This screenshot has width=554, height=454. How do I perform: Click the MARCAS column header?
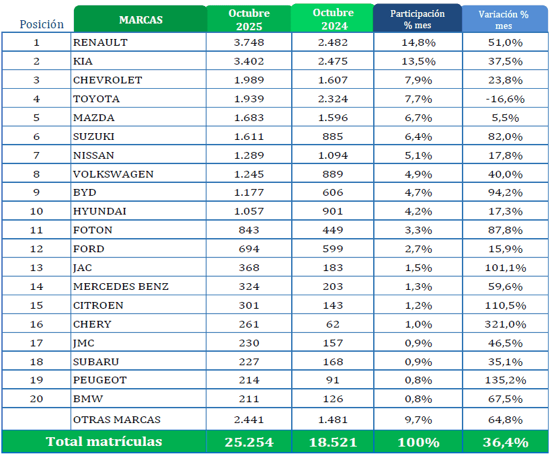140,20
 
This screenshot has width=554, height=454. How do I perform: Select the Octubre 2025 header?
249,20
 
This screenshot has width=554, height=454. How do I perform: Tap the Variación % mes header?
504,20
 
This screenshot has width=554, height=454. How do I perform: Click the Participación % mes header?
418,20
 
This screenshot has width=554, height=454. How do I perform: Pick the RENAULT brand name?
100,42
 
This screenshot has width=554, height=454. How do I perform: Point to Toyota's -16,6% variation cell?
504,99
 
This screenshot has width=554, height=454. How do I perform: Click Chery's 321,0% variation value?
504,324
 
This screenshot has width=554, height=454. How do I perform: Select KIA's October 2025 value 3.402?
249,61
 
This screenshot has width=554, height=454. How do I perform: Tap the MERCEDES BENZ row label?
120,287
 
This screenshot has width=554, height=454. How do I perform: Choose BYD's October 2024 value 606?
332,192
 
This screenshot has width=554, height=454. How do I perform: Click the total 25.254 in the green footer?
249,442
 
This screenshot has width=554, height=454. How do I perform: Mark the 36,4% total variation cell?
504,442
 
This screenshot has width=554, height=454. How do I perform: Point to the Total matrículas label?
104,442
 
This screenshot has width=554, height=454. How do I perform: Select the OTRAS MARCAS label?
116,420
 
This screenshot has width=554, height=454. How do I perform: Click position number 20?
36,399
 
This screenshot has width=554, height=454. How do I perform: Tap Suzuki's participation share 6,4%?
418,137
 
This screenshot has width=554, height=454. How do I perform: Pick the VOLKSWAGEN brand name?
113,174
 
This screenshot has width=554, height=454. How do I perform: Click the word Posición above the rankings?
42,24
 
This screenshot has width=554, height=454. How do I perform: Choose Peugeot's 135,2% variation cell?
504,380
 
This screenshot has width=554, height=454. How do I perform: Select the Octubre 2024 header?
332,20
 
